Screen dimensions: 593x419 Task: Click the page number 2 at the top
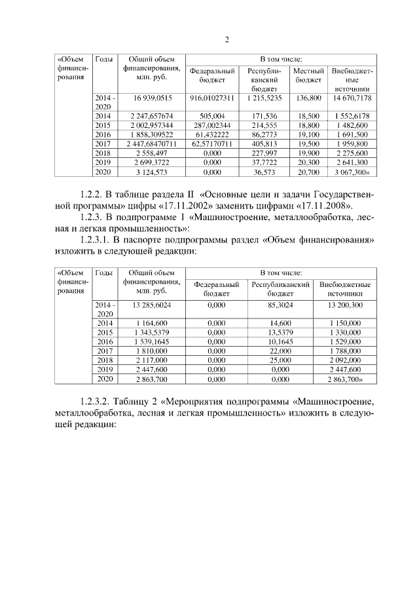coord(227,39)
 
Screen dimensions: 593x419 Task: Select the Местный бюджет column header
coord(308,75)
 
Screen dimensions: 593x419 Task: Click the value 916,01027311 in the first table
coord(211,98)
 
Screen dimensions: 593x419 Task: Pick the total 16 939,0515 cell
coord(152,98)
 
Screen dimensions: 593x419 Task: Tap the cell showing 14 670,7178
coord(352,98)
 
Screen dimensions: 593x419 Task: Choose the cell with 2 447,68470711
coord(152,143)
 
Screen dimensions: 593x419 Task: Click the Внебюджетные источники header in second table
coord(346,290)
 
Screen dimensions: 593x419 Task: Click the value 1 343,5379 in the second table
coord(152,333)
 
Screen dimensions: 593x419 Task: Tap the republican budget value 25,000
coord(280,360)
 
